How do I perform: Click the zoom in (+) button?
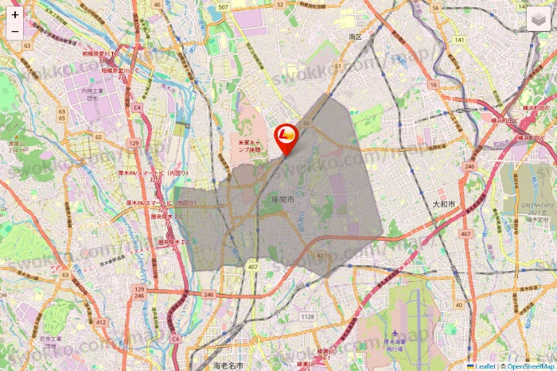point(15,14)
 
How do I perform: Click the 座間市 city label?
point(282,200)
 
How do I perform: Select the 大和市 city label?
point(443,204)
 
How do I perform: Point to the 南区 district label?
point(355,37)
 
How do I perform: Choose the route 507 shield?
point(223,7)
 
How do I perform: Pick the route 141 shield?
point(459,39)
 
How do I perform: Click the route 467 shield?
point(465,234)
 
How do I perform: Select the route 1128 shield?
point(308,317)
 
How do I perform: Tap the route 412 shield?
point(101,322)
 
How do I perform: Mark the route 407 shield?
point(252,267)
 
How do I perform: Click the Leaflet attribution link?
point(485,366)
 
